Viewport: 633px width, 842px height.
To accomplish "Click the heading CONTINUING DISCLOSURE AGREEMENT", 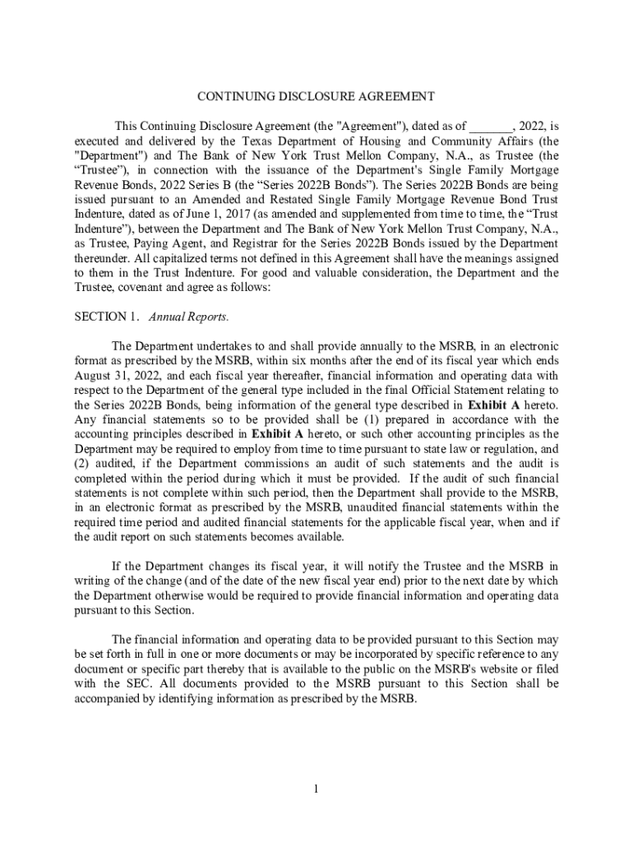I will tap(316, 96).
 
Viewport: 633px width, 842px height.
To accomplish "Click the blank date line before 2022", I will tap(491, 127).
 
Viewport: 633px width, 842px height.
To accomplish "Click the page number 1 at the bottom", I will tap(316, 789).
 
